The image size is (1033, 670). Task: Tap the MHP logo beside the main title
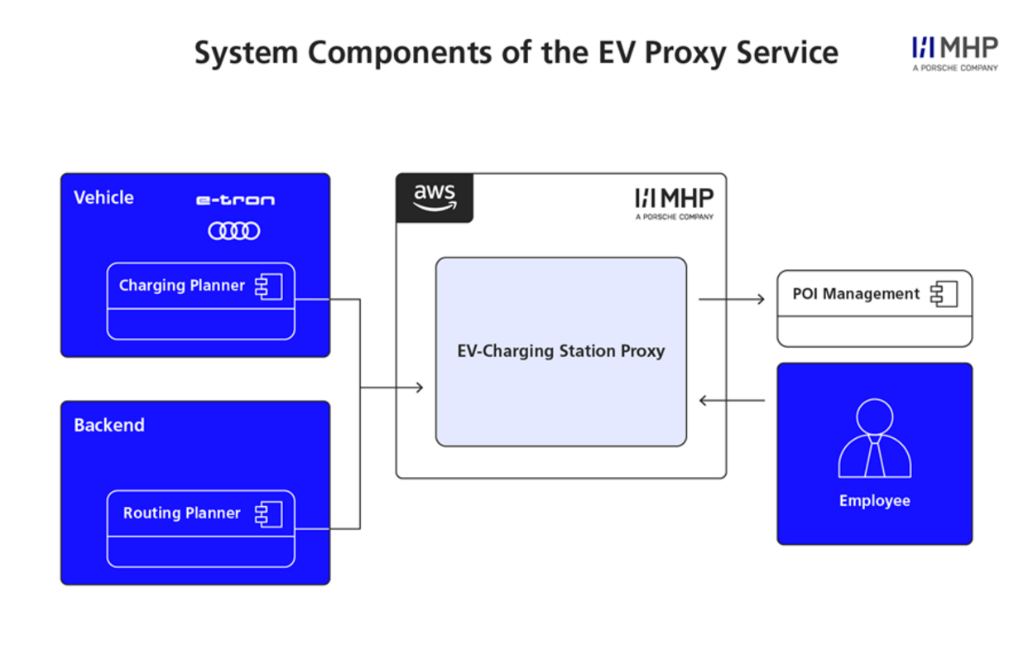[954, 53]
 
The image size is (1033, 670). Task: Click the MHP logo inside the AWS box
[674, 202]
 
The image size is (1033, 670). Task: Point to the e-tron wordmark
[235, 200]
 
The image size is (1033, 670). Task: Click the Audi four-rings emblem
[234, 231]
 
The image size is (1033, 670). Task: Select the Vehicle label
[103, 198]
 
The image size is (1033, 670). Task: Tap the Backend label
[109, 426]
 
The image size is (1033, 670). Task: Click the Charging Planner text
[182, 286]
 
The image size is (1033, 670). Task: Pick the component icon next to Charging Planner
[269, 287]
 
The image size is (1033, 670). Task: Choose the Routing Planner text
[182, 513]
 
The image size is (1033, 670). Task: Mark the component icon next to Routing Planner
[269, 514]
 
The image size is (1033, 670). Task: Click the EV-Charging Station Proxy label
[561, 351]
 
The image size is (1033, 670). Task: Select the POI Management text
[856, 294]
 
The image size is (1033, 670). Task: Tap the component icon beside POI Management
[944, 294]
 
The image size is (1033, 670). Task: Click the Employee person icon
[874, 439]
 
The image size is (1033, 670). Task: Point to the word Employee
[874, 501]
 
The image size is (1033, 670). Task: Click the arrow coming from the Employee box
[732, 402]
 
